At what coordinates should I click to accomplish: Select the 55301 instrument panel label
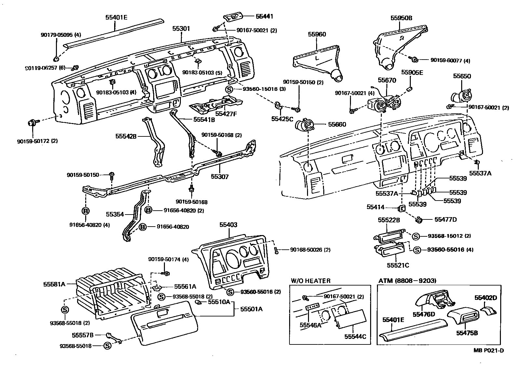181,29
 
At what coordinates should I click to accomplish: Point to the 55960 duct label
317,34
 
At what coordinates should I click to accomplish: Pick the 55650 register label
462,76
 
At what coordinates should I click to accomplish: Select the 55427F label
227,114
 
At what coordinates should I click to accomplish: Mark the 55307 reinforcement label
220,177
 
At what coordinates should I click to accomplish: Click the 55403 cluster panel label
228,225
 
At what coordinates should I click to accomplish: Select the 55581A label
54,284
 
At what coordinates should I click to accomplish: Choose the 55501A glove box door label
251,309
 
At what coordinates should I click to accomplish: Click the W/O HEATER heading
311,281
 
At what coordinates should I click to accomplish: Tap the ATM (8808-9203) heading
408,281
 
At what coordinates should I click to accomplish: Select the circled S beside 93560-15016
230,89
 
